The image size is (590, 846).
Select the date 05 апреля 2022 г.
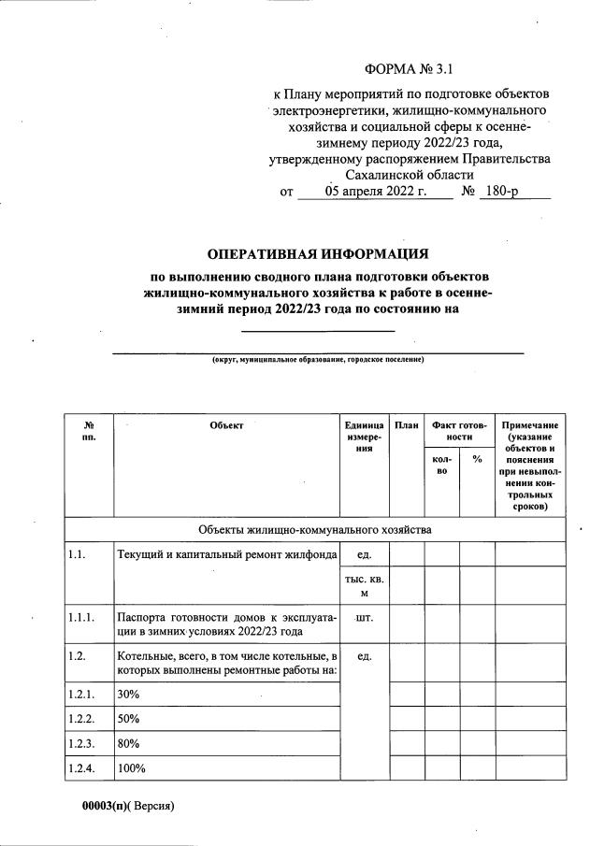pyautogui.click(x=375, y=193)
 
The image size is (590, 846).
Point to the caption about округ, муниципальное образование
pyautogui.click(x=318, y=359)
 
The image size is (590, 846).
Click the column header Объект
pyautogui.click(x=226, y=425)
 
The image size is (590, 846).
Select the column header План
pyautogui.click(x=406, y=425)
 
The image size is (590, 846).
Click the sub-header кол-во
pyautogui.click(x=441, y=465)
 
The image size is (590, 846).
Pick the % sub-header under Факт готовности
pyautogui.click(x=477, y=459)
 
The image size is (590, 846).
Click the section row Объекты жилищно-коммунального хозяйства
pyautogui.click(x=315, y=529)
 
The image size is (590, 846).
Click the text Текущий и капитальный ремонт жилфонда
pyautogui.click(x=226, y=555)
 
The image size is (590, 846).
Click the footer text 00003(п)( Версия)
pyautogui.click(x=129, y=805)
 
